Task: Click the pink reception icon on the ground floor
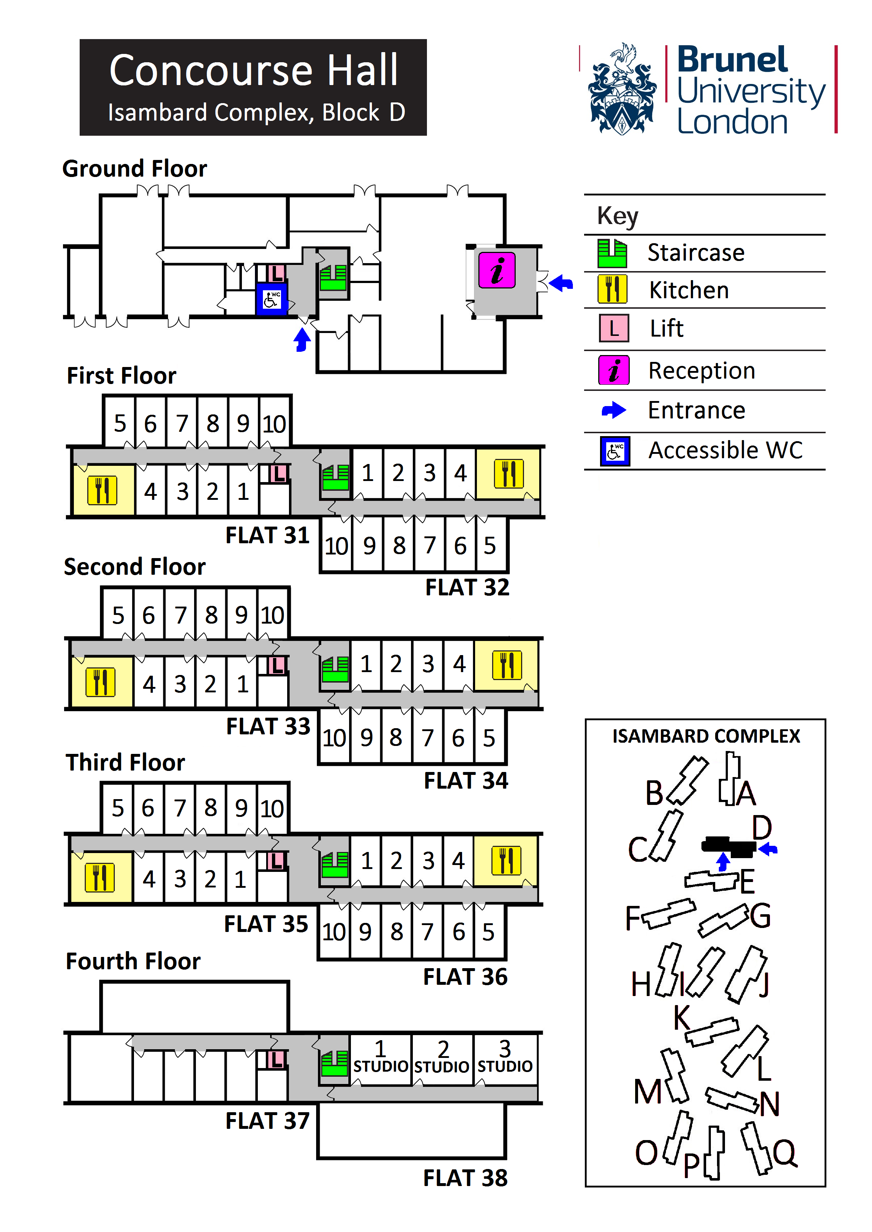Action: click(x=497, y=270)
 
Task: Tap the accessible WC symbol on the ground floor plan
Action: click(x=272, y=299)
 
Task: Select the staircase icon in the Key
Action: click(x=612, y=253)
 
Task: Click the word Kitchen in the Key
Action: click(x=689, y=290)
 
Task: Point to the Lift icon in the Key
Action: click(x=614, y=328)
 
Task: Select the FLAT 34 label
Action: click(x=466, y=780)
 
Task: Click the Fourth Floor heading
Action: click(x=133, y=961)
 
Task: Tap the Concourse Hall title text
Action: click(x=253, y=70)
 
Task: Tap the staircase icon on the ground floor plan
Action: click(x=333, y=278)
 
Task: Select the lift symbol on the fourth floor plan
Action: click(x=276, y=1060)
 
